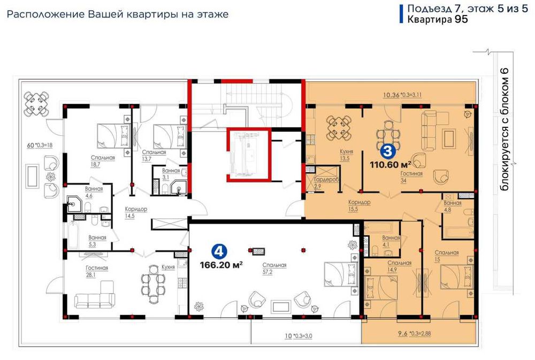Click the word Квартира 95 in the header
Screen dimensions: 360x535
(438, 20)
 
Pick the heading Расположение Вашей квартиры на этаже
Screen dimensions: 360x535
(117, 14)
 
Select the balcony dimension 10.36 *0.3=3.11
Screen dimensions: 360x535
(402, 95)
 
